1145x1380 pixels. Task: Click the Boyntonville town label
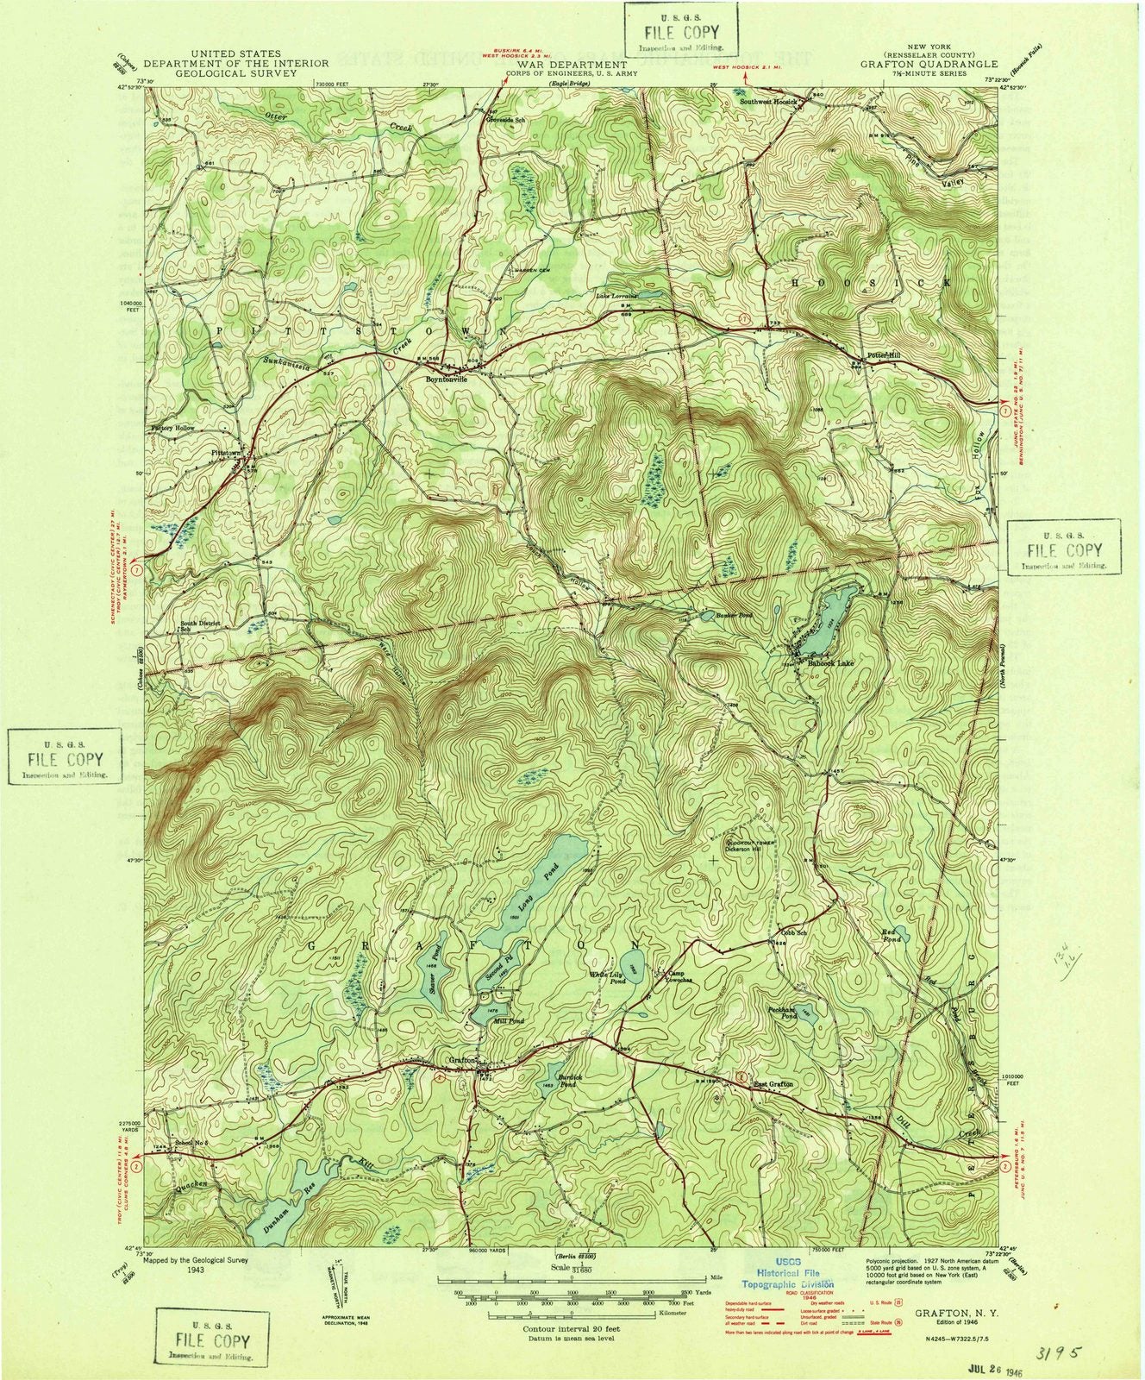tap(447, 378)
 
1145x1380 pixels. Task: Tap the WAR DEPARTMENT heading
tap(572, 64)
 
